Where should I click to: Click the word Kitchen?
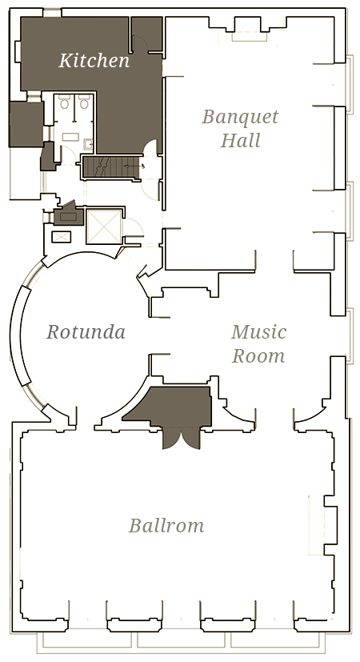tap(94, 60)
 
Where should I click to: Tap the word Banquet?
tap(240, 117)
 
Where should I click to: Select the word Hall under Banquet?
tap(240, 140)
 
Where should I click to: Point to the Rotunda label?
tap(86, 332)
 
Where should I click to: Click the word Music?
tap(258, 332)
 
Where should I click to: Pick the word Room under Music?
tap(258, 355)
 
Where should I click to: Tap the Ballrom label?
tap(166, 526)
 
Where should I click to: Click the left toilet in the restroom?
tap(64, 102)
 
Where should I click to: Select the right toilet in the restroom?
tap(84, 102)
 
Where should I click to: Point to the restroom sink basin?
tap(88, 145)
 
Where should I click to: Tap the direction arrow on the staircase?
tap(135, 167)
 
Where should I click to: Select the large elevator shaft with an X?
tap(103, 227)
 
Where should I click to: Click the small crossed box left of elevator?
tap(58, 237)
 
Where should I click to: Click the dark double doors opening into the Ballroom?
tap(182, 437)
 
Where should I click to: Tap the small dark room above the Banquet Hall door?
tap(146, 34)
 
